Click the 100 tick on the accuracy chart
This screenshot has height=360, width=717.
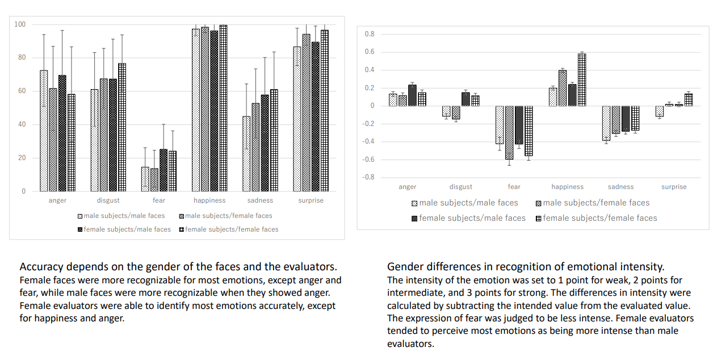click(x=20, y=24)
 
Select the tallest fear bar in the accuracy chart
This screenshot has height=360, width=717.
click(x=163, y=170)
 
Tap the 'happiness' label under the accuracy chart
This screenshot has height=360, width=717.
click(x=209, y=200)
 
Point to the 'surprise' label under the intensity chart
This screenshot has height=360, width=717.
click(x=673, y=187)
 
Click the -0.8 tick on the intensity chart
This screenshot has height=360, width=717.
click(x=369, y=177)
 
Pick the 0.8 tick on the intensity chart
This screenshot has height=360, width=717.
click(x=370, y=34)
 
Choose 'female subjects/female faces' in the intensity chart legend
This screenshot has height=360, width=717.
click(x=599, y=218)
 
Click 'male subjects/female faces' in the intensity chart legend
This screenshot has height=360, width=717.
click(x=596, y=203)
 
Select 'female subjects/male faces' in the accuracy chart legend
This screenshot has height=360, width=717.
click(x=127, y=229)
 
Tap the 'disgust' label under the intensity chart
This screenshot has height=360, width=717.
click(x=461, y=187)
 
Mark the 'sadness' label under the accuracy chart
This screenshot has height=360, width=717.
click(x=261, y=200)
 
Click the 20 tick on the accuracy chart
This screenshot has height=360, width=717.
click(x=22, y=158)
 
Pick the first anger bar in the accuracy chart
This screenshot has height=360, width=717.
click(x=44, y=131)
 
